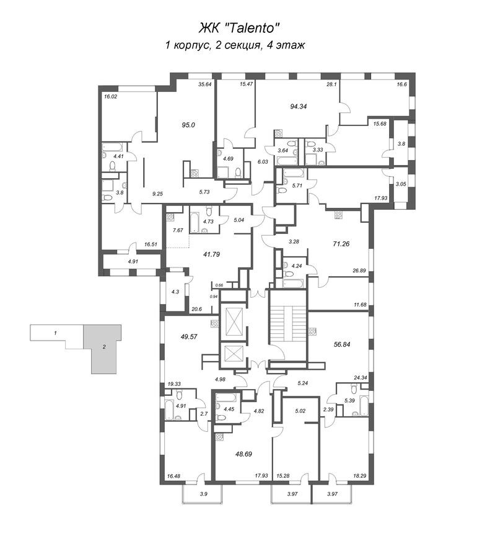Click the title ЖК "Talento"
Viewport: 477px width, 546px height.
click(239, 28)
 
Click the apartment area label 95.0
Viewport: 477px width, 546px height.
click(188, 125)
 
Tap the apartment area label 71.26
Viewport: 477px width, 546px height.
click(341, 244)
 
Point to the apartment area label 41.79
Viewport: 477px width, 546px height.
click(211, 254)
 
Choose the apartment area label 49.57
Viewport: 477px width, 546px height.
click(189, 337)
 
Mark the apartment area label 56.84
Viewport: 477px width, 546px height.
click(341, 344)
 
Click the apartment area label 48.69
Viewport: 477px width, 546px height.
click(243, 454)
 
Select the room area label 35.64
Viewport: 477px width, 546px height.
click(205, 84)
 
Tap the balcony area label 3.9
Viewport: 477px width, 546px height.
click(204, 494)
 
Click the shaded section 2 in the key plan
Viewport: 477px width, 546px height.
click(104, 349)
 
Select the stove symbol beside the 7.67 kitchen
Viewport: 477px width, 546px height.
click(170, 217)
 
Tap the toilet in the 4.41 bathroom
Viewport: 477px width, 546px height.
click(113, 166)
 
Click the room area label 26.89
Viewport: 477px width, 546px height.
click(359, 271)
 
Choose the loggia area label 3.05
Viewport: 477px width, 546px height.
click(401, 184)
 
